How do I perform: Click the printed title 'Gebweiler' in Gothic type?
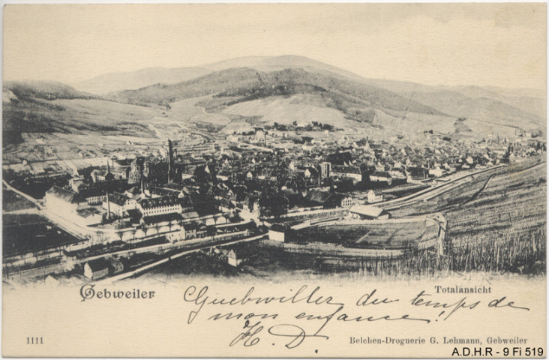117,292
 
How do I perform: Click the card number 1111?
34,340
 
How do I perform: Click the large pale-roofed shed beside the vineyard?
367,212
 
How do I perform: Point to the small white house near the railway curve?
373,196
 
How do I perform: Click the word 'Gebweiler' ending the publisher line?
506,340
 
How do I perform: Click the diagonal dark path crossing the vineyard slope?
480,187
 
